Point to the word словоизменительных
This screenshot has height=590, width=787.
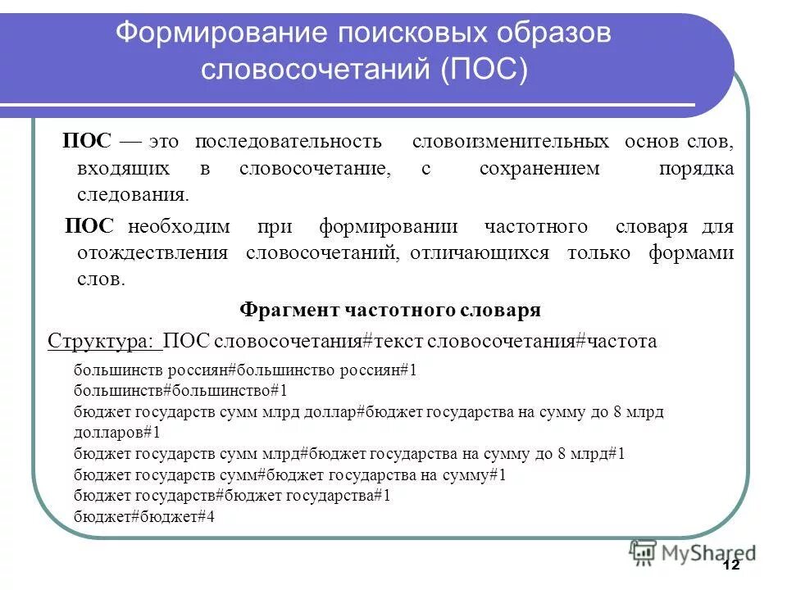[x=510, y=141]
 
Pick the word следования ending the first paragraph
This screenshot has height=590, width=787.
[x=133, y=196]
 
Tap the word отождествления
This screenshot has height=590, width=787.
[x=152, y=253]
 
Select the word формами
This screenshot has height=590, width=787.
[x=691, y=253]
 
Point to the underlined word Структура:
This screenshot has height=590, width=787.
[x=102, y=341]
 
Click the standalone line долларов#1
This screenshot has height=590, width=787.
[x=116, y=432]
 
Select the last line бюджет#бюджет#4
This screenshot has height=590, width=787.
[x=143, y=517]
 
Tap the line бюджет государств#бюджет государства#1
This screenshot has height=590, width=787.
[x=232, y=496]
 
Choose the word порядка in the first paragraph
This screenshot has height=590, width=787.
[x=696, y=169]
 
